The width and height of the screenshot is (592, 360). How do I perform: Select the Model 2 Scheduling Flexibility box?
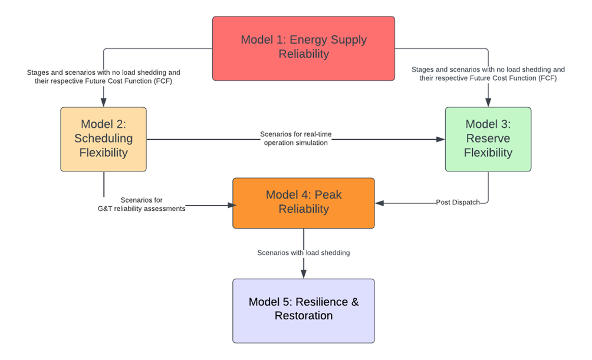103,139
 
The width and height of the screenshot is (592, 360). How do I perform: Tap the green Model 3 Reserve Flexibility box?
488,139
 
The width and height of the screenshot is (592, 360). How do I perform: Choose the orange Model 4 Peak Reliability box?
303,203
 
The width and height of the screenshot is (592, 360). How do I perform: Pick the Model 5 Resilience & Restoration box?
303,311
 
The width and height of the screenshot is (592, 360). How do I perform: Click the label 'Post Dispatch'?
458,202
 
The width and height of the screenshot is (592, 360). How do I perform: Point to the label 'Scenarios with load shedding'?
303,252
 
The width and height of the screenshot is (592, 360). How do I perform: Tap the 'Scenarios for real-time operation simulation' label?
295,138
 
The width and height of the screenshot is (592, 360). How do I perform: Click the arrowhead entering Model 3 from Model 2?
441,140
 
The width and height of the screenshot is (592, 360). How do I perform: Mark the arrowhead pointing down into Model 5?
304,274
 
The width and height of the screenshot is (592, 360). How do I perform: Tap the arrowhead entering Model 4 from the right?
380,203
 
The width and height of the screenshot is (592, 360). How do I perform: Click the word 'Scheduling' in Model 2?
103,139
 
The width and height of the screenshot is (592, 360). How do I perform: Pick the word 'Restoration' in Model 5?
303,316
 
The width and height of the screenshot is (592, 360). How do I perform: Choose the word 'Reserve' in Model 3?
488,139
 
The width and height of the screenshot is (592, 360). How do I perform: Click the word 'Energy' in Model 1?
310,40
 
